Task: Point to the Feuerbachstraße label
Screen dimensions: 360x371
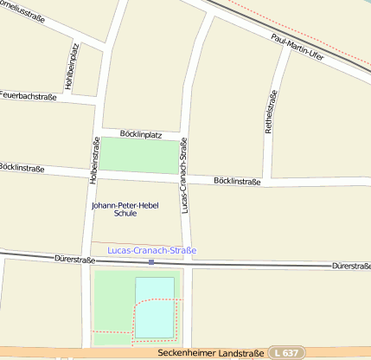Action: tap(29, 97)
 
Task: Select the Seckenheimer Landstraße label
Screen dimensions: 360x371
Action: tap(211, 353)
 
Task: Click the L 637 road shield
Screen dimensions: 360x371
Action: tap(287, 353)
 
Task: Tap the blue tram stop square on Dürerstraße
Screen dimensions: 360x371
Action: tap(151, 261)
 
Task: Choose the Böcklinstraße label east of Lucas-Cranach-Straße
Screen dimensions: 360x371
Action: tap(236, 181)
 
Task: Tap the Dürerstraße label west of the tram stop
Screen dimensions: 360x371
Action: tap(74, 258)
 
